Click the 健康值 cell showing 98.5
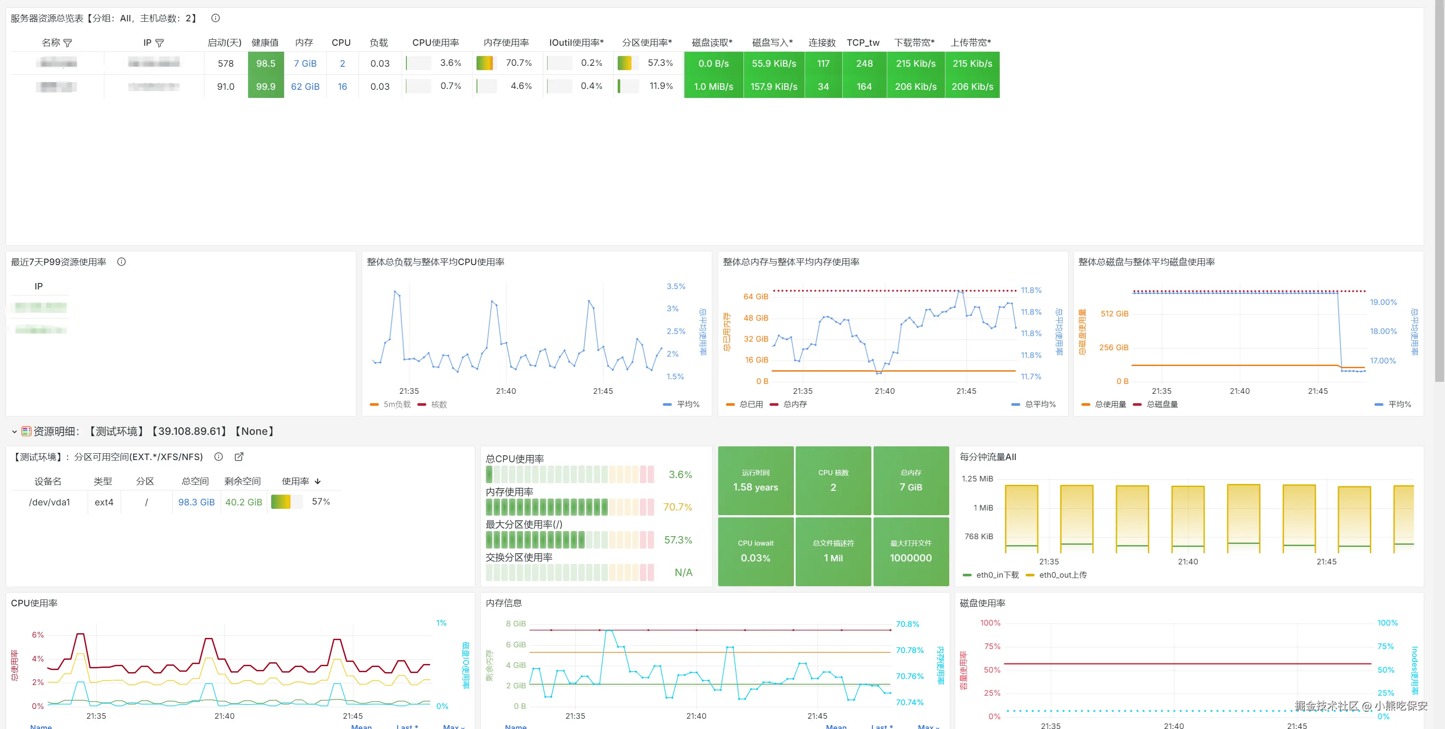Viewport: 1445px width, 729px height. tap(266, 63)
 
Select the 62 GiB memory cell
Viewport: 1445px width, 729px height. tap(305, 86)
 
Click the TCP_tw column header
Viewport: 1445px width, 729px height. tap(863, 43)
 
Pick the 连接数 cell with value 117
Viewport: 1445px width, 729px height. tap(823, 63)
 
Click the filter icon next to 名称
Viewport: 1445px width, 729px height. tap(68, 43)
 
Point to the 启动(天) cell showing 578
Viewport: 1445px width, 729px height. tap(225, 63)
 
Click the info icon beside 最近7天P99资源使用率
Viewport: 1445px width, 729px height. tap(121, 262)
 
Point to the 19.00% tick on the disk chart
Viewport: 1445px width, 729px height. tap(1383, 302)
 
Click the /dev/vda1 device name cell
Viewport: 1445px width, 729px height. tap(49, 502)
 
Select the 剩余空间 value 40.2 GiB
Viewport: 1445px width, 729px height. tap(243, 502)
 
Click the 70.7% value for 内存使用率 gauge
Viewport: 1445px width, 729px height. tap(678, 507)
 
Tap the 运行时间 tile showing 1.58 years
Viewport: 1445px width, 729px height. tap(755, 481)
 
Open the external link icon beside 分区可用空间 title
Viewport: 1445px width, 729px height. tap(239, 457)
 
